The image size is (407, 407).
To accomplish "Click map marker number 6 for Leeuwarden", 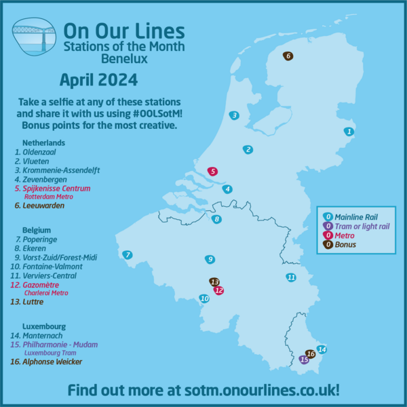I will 288,56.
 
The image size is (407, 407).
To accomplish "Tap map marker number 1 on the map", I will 349,132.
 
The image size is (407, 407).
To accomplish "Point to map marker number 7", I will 127,255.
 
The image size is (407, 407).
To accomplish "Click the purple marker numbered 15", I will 304,360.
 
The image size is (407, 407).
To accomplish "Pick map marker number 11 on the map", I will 290,277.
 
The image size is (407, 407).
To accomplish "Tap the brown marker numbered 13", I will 214,282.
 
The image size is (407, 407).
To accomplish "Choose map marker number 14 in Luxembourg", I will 322,349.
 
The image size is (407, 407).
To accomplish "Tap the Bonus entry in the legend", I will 345,244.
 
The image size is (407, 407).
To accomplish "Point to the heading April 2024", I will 98,80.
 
